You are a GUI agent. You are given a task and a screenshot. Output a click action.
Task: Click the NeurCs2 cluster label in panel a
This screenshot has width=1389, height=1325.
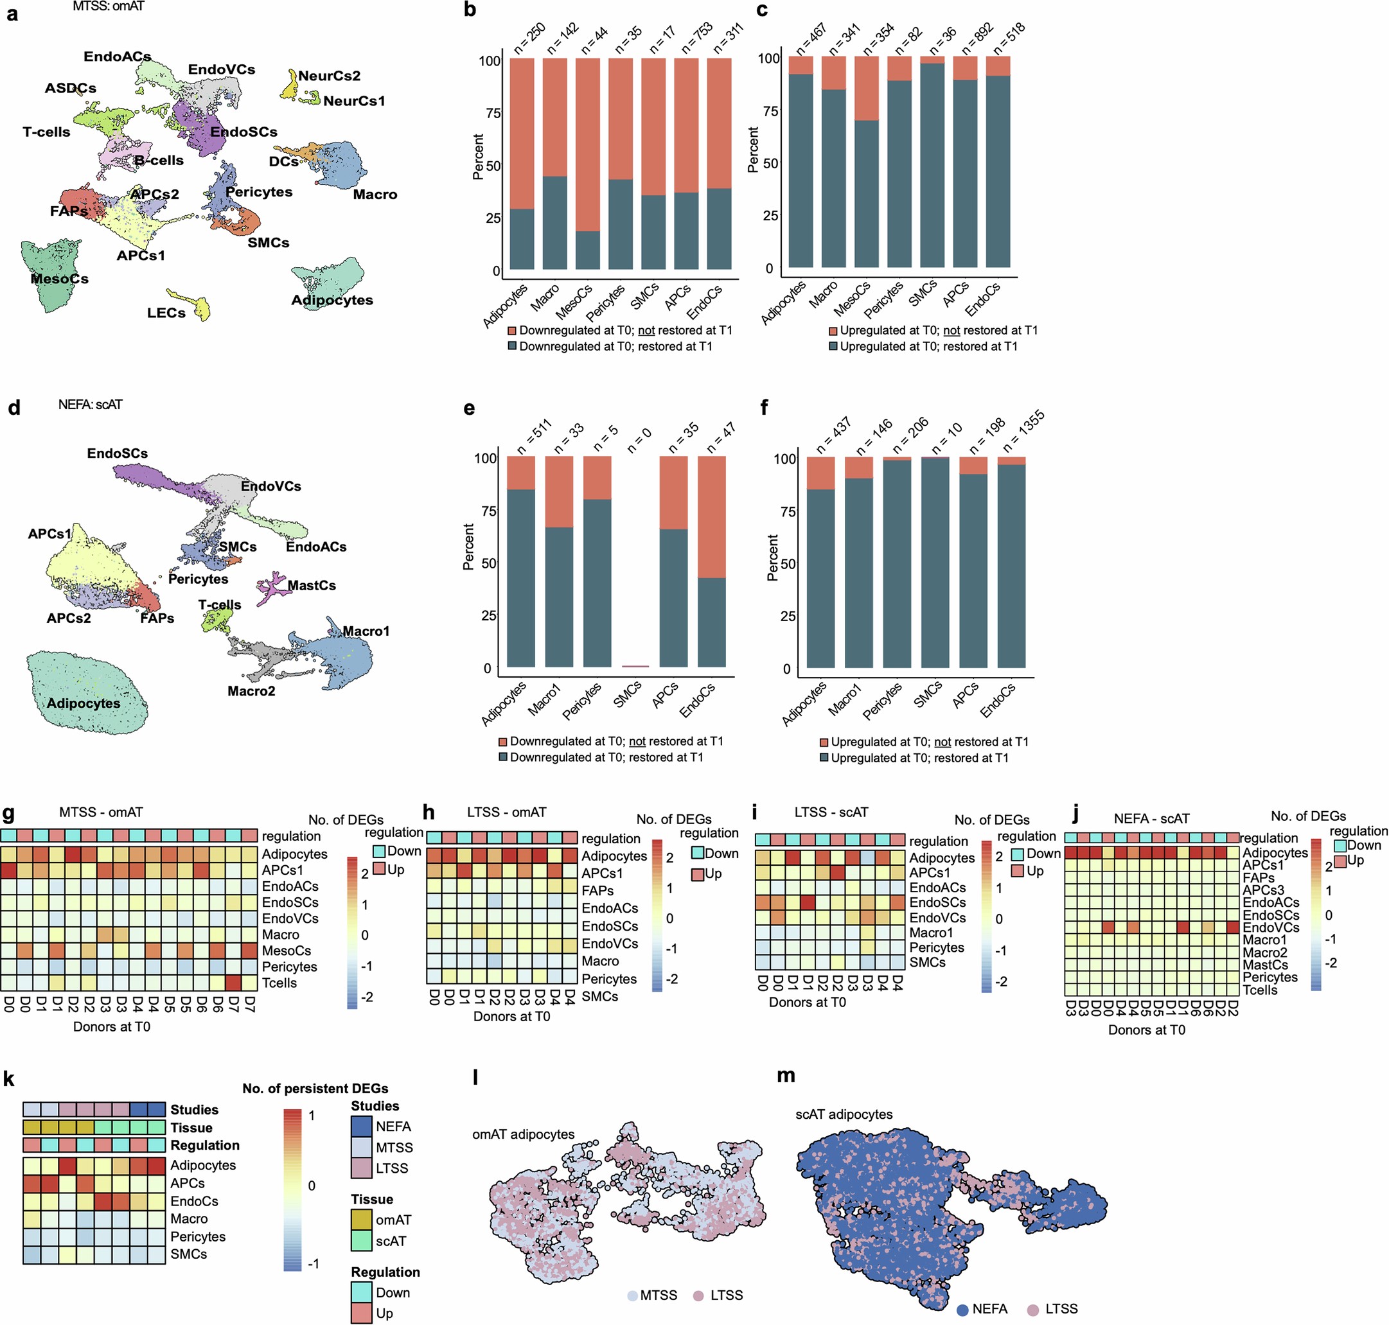[328, 76]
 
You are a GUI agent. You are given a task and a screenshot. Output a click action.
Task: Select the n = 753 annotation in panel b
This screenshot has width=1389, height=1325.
[696, 37]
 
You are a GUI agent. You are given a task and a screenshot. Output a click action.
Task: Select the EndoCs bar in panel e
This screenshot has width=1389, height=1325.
[711, 561]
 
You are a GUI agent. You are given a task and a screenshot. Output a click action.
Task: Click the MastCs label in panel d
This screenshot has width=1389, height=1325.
[312, 586]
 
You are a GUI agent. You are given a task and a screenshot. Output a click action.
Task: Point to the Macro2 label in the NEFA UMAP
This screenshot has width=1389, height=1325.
[251, 690]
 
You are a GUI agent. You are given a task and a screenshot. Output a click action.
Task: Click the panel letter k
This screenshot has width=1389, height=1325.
[9, 1078]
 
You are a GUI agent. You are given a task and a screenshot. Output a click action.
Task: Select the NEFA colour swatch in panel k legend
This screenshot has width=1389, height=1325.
[361, 1127]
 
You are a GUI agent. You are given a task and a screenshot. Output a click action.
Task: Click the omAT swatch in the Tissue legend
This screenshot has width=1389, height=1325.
[361, 1220]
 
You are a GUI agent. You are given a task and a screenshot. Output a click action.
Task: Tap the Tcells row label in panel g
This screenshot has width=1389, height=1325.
[279, 983]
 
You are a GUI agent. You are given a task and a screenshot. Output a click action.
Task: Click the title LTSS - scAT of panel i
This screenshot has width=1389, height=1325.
[829, 812]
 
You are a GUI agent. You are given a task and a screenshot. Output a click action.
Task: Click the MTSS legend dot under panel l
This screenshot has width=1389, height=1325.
[632, 1295]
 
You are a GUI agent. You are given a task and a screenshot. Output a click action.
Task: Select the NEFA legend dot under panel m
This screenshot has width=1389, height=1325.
[962, 1310]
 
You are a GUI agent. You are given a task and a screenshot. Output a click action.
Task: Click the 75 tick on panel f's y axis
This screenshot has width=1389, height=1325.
[788, 511]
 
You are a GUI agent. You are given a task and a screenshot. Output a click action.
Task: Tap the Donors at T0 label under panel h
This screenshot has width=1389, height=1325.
[511, 1016]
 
